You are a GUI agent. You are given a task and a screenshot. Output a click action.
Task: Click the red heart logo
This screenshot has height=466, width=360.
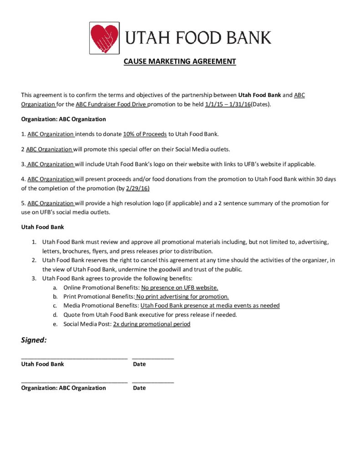click(104, 38)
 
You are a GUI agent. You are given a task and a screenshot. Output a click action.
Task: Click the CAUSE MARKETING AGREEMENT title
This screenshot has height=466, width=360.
click(180, 61)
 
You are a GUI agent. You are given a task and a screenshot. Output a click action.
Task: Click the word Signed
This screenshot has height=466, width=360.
click(34, 340)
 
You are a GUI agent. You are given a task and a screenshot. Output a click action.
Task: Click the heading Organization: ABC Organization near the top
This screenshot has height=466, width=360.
click(63, 119)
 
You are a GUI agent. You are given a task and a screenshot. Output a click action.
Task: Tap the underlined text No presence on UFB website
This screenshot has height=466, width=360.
click(180, 288)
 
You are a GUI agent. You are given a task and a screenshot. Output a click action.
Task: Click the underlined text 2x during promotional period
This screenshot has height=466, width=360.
click(152, 324)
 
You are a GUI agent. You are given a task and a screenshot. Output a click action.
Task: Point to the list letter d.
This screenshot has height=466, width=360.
click(55, 315)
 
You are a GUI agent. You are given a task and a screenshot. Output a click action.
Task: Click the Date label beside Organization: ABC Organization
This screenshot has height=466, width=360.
click(139, 388)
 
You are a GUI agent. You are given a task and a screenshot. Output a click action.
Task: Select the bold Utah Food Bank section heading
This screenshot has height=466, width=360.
click(43, 227)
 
